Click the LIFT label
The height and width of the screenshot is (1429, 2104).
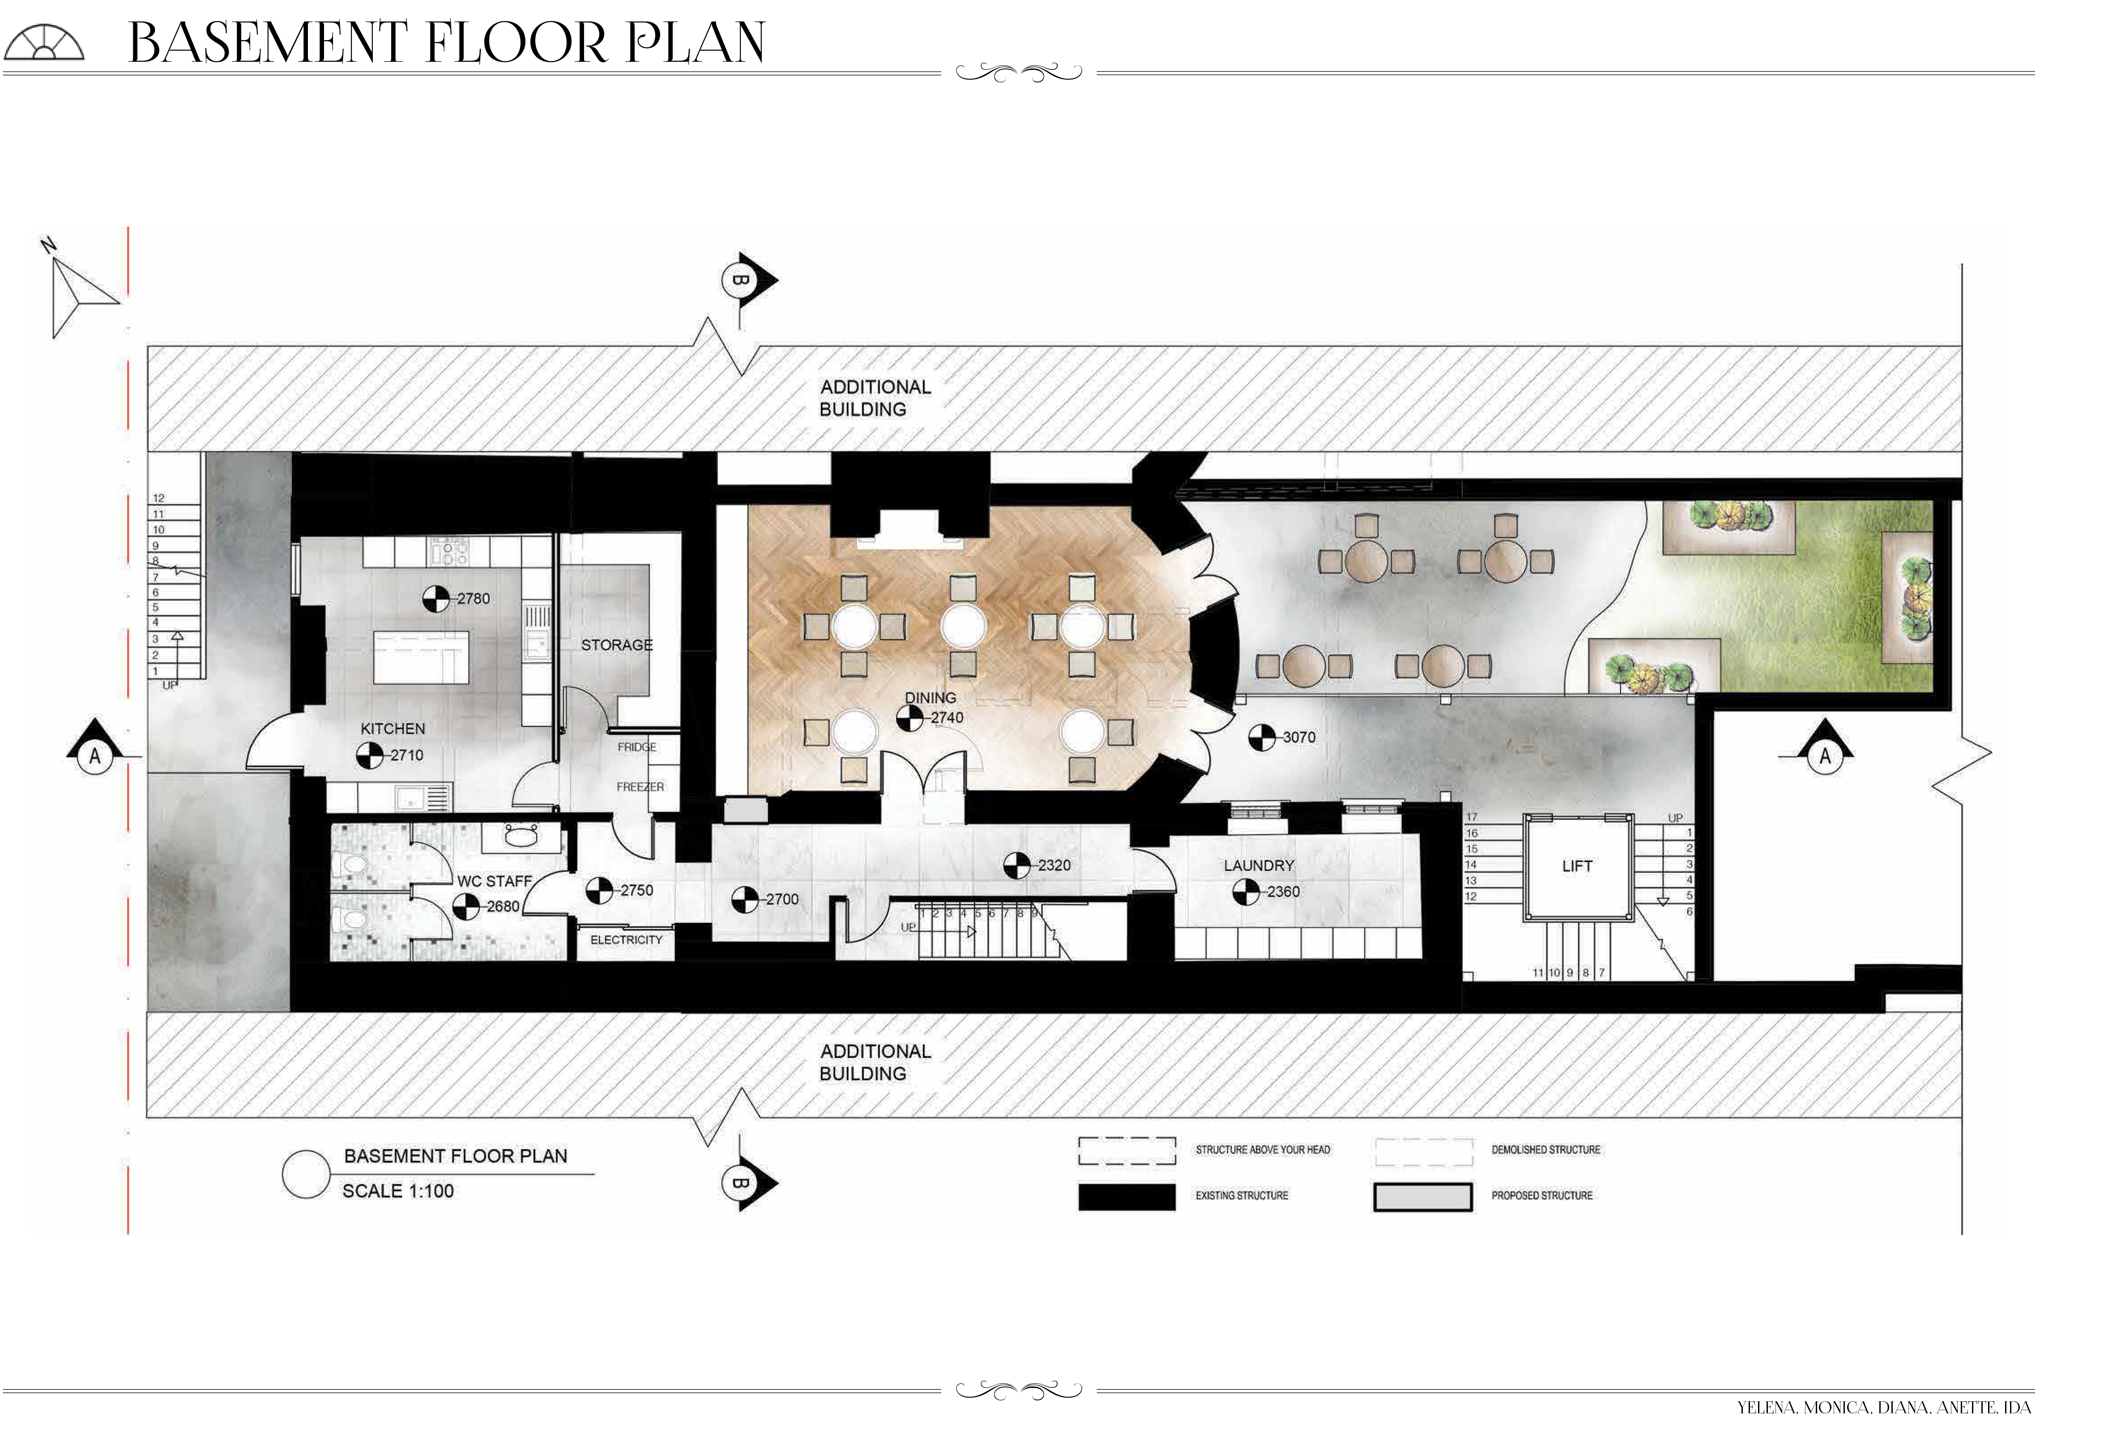click(x=1576, y=866)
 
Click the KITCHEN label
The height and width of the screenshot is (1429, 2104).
click(x=392, y=729)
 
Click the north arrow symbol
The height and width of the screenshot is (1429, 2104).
click(x=77, y=288)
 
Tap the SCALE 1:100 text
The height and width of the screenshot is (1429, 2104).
click(x=397, y=1191)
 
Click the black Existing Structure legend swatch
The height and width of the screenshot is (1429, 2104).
click(x=1126, y=1196)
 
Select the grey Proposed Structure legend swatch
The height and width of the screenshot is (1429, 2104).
click(x=1422, y=1196)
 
